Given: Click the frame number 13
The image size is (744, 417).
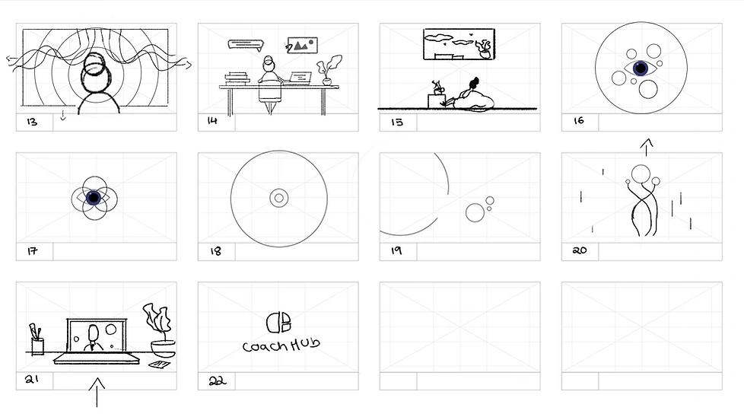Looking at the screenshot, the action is click(x=32, y=122).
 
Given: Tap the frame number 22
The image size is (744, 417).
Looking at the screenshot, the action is click(x=218, y=380).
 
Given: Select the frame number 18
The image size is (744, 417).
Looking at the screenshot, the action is click(x=215, y=250).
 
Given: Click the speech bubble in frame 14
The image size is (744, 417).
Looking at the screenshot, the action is click(x=246, y=45).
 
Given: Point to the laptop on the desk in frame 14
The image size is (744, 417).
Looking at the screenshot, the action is click(x=300, y=78).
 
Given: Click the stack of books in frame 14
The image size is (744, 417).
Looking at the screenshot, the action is click(x=237, y=78).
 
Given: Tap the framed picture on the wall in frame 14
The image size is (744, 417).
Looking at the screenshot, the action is click(x=303, y=45).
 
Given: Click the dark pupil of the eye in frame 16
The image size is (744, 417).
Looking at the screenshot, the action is click(x=641, y=68).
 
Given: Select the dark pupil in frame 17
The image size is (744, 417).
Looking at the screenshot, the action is click(x=94, y=197).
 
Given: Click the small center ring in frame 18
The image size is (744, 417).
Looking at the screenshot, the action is click(x=279, y=198).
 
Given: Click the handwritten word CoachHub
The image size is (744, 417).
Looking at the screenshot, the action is click(x=281, y=345).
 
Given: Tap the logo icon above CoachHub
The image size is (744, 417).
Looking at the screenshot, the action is click(x=278, y=323).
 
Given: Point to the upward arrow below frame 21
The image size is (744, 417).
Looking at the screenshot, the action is click(x=97, y=393).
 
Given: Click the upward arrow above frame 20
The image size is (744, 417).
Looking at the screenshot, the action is click(x=647, y=147).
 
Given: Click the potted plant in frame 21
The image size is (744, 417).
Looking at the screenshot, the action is click(x=160, y=330).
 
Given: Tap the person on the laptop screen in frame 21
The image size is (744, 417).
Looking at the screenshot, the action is click(x=94, y=338).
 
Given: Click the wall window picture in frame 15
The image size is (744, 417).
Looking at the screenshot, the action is click(x=459, y=44).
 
